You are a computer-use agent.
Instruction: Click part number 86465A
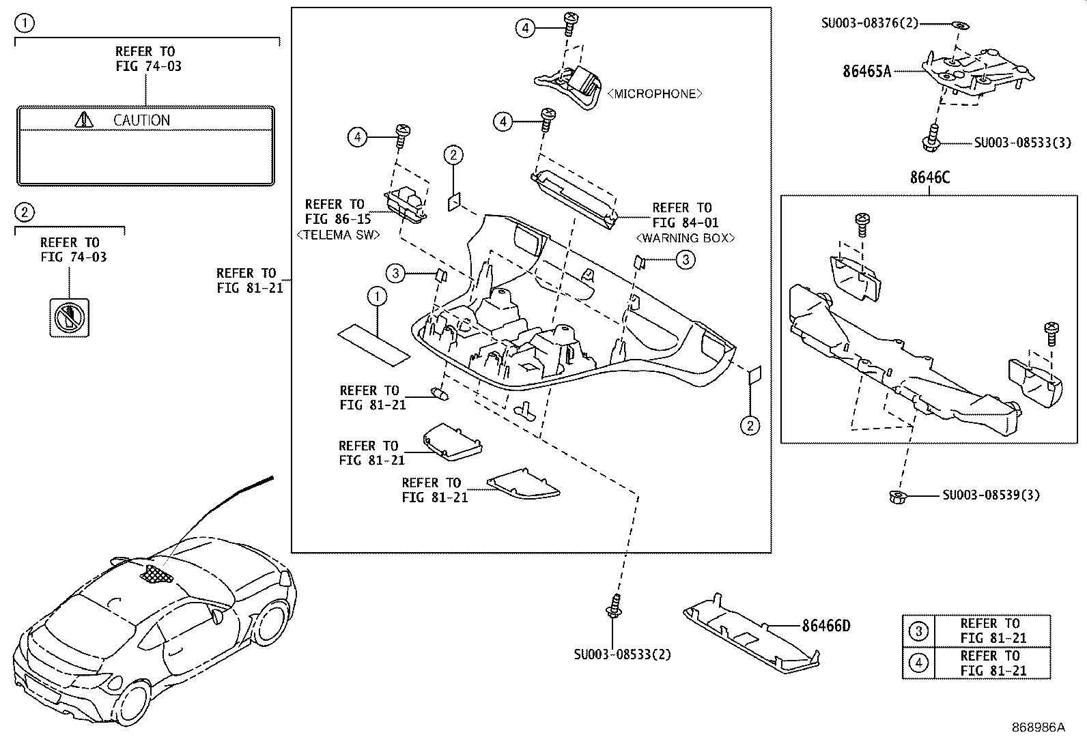pyautogui.click(x=866, y=71)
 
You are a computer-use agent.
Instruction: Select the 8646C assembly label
pyautogui.click(x=929, y=177)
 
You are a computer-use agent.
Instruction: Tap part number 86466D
pyautogui.click(x=825, y=625)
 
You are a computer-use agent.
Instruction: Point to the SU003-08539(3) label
pyautogui.click(x=991, y=495)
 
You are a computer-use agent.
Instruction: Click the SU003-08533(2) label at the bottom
pyautogui.click(x=622, y=654)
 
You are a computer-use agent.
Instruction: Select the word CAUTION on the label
pyautogui.click(x=141, y=121)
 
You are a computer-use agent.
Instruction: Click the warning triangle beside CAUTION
pyautogui.click(x=84, y=120)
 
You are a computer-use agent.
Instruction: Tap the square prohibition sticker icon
pyautogui.click(x=69, y=317)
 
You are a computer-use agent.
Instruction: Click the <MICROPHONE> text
pyautogui.click(x=654, y=94)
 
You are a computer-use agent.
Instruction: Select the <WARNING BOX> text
pyautogui.click(x=685, y=238)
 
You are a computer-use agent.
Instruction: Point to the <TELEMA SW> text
pyautogui.click(x=338, y=235)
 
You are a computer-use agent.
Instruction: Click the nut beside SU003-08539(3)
pyautogui.click(x=897, y=497)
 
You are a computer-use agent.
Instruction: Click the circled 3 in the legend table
pyautogui.click(x=918, y=631)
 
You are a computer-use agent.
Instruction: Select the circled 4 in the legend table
pyautogui.click(x=918, y=663)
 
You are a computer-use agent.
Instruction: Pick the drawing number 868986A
pyautogui.click(x=1038, y=727)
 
